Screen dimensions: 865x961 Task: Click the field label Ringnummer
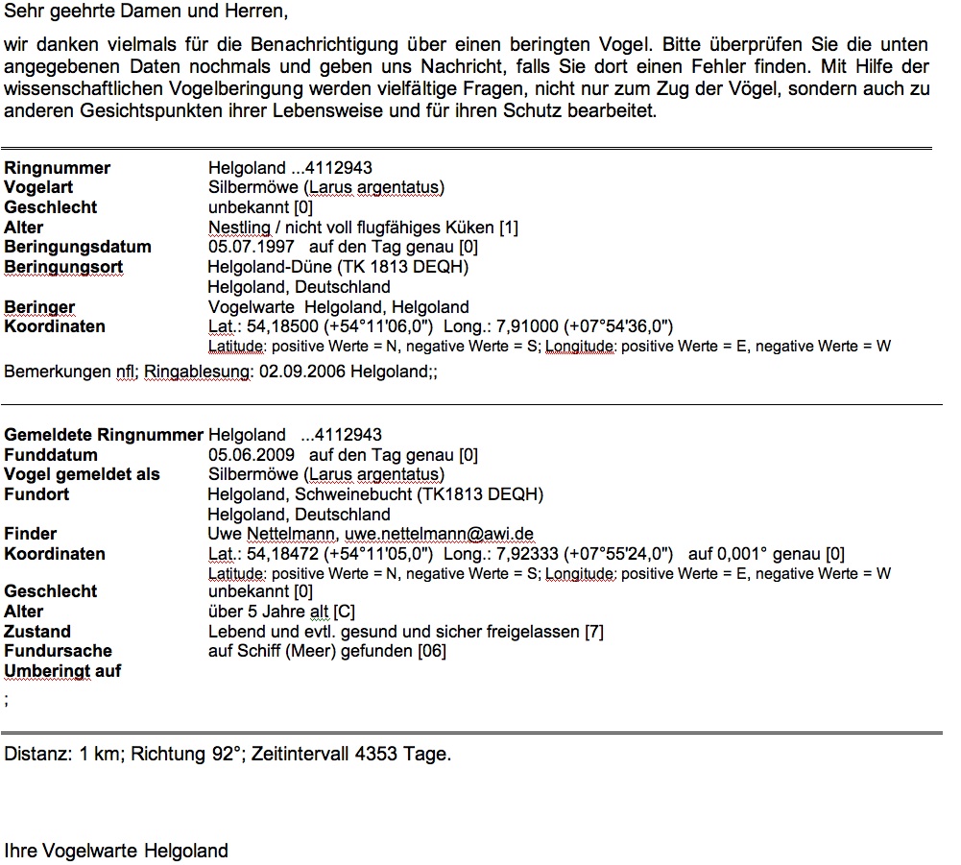click(x=58, y=168)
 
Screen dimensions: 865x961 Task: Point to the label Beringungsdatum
click(x=78, y=247)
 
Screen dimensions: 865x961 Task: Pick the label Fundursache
click(x=58, y=651)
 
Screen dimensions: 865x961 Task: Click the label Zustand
click(x=37, y=632)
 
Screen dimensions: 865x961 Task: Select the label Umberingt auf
click(x=62, y=671)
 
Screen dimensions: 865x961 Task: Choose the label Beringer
click(x=39, y=307)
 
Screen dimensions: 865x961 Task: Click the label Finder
click(x=31, y=534)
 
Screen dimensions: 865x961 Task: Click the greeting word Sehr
click(x=21, y=14)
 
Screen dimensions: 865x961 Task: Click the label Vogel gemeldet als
click(x=83, y=474)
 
